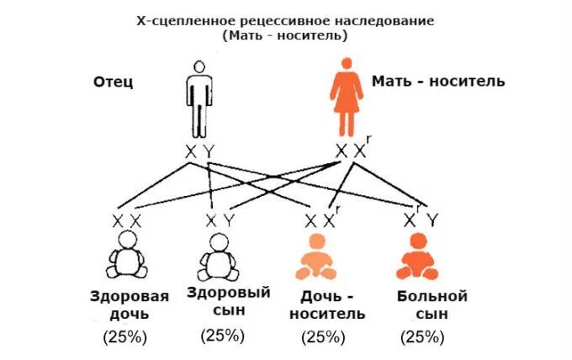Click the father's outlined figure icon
tap(199, 98)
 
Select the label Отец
tap(113, 82)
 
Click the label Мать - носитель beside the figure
tap(438, 82)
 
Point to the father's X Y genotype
tap(200, 151)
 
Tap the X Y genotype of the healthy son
tap(221, 221)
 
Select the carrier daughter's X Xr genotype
tap(323, 220)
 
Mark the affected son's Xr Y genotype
tap(421, 220)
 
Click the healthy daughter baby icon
tap(129, 256)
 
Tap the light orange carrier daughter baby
tap(315, 257)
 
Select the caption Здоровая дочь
tap(130, 305)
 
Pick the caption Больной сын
tap(432, 305)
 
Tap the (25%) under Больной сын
tap(422, 337)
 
